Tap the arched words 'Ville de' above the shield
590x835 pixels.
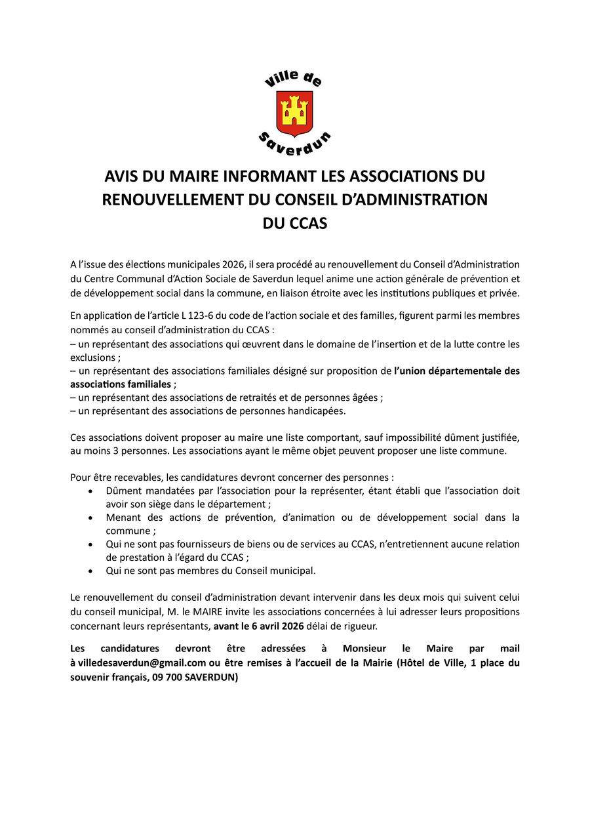pyautogui.click(x=293, y=80)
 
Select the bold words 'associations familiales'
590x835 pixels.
pyautogui.click(x=121, y=384)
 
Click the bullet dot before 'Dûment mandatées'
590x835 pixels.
pyautogui.click(x=90, y=491)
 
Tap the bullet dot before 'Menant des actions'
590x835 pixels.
pyautogui.click(x=90, y=518)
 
